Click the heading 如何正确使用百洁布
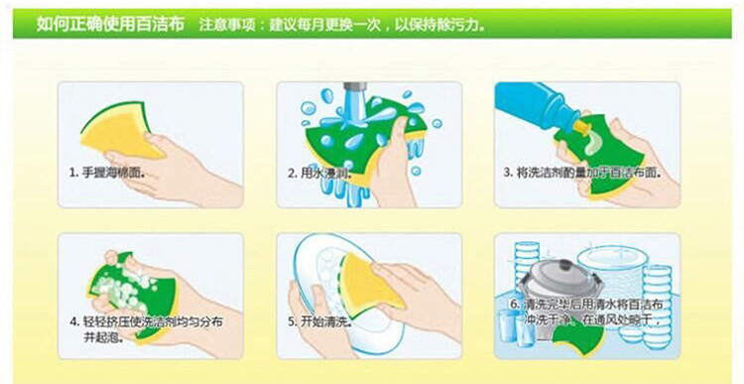click(x=110, y=24)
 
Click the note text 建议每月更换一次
click(x=325, y=24)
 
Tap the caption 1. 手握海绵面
click(x=106, y=173)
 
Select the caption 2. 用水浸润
click(x=319, y=173)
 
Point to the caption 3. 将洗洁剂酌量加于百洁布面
click(x=582, y=173)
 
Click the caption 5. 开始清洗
click(x=319, y=322)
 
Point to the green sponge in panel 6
click(x=576, y=340)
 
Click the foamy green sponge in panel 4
click(x=134, y=297)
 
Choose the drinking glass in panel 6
click(x=508, y=328)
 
